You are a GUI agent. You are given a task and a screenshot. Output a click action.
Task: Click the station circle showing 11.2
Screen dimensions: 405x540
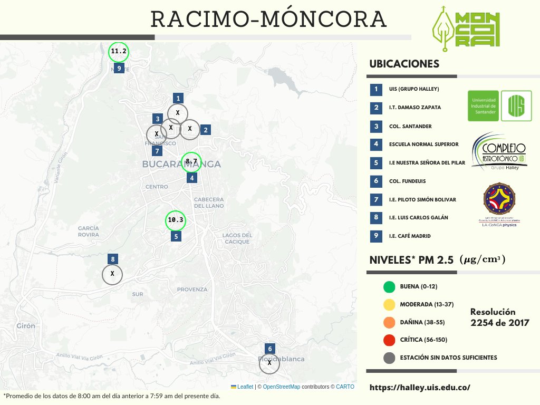click(119, 52)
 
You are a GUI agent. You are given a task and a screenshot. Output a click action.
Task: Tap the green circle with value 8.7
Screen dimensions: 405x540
click(191, 161)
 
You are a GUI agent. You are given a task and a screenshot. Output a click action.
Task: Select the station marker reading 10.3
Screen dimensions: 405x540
click(176, 220)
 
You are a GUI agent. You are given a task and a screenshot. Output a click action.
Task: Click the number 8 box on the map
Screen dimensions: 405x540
click(112, 259)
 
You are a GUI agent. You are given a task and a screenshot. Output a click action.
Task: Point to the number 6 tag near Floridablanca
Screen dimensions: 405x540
click(270, 349)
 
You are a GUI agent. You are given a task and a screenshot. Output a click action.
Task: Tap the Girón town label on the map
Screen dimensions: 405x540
click(25, 325)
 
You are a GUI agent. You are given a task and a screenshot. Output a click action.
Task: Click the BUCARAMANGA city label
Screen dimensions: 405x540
click(181, 165)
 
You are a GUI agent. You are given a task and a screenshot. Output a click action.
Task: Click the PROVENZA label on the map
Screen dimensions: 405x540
click(192, 290)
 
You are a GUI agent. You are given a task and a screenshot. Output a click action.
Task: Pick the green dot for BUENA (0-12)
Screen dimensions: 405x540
click(390, 287)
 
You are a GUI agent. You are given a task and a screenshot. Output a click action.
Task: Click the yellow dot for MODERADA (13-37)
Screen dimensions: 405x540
click(390, 305)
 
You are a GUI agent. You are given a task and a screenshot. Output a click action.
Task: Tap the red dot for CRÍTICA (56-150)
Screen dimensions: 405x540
click(390, 340)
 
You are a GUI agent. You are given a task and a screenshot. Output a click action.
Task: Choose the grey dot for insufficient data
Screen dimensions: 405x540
click(390, 358)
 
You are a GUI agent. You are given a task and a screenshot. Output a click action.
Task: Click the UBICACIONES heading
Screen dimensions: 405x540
click(404, 64)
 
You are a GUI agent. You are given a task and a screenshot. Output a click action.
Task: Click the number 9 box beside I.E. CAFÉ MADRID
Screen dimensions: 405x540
click(376, 236)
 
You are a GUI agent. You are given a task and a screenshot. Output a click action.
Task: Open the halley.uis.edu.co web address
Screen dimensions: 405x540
click(420, 388)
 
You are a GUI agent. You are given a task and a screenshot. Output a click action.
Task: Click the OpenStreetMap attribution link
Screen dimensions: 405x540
click(282, 387)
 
